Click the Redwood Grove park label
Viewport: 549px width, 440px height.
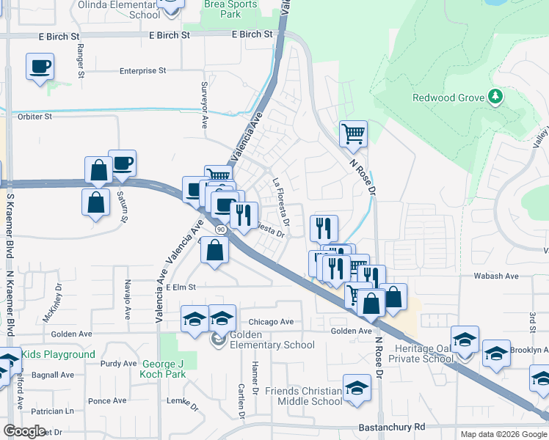pyautogui.click(x=448, y=98)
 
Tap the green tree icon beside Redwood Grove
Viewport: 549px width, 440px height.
pyautogui.click(x=496, y=97)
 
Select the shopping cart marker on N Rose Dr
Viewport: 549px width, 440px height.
pyautogui.click(x=354, y=133)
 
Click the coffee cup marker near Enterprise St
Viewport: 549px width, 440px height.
pyautogui.click(x=40, y=67)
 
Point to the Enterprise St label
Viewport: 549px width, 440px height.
pyautogui.click(x=142, y=71)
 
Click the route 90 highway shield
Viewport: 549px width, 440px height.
pyautogui.click(x=219, y=229)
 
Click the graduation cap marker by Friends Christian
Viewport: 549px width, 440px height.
pyautogui.click(x=357, y=388)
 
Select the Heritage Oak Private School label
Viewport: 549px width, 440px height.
pyautogui.click(x=423, y=353)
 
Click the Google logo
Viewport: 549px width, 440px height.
pyautogui.click(x=24, y=431)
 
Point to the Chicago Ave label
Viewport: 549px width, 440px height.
pyautogui.click(x=271, y=322)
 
